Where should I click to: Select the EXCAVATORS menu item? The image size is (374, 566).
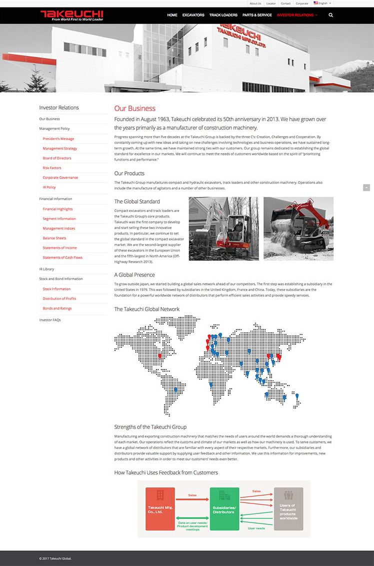(x=193, y=15)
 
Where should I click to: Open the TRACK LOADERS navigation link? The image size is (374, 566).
(x=223, y=15)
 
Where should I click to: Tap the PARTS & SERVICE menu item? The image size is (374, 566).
(x=257, y=15)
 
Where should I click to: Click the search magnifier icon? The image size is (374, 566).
(x=330, y=15)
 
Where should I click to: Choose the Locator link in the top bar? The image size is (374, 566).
(x=271, y=3)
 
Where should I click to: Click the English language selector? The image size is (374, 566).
(x=322, y=3)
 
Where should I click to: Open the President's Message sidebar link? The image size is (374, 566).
(x=58, y=138)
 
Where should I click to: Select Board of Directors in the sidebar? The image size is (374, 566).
(x=57, y=158)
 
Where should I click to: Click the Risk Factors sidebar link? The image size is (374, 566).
(x=52, y=168)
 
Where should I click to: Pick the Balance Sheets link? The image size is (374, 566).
(x=54, y=238)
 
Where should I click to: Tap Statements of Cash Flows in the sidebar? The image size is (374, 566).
(x=62, y=257)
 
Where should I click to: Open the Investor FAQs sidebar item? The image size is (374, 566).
(x=50, y=319)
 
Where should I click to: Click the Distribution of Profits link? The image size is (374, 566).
(x=59, y=298)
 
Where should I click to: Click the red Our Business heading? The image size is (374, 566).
(x=134, y=108)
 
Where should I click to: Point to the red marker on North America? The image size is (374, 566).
(x=160, y=355)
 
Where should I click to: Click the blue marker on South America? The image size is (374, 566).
(x=175, y=388)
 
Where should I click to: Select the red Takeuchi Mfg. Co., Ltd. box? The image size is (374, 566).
(x=160, y=508)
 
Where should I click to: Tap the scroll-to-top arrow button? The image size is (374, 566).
(x=366, y=187)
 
